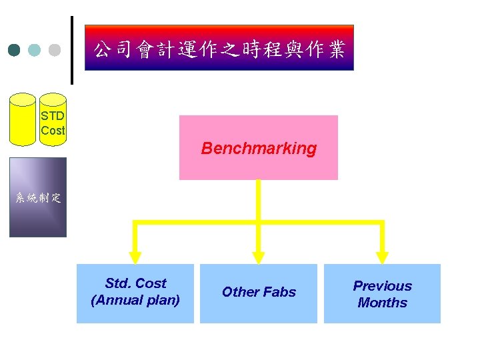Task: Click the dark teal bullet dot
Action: click(x=15, y=50)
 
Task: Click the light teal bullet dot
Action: click(x=35, y=50)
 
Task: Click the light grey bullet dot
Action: click(x=55, y=50)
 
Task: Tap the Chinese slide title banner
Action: click(x=219, y=49)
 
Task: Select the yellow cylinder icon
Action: click(x=23, y=119)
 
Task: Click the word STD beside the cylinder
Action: click(x=53, y=115)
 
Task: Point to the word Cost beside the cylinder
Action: click(x=53, y=131)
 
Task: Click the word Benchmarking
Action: click(x=259, y=148)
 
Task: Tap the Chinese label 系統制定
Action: click(x=38, y=197)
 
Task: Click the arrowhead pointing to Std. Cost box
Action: click(x=135, y=256)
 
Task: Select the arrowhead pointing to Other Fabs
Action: click(x=259, y=256)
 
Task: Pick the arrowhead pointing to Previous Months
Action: click(x=382, y=256)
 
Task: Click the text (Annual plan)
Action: click(x=135, y=301)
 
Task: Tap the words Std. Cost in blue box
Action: click(x=135, y=283)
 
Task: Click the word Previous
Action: click(x=382, y=286)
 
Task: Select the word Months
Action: click(x=382, y=303)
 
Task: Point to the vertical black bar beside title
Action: click(x=71, y=50)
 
